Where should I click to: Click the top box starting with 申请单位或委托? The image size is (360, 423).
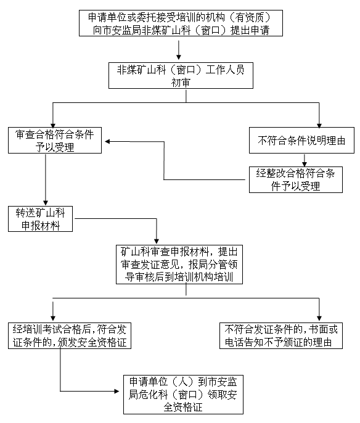point(181,23)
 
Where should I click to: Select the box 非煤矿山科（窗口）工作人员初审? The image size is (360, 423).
point(181,75)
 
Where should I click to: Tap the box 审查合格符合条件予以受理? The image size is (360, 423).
point(55,141)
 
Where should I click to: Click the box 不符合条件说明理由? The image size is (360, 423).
point(301,141)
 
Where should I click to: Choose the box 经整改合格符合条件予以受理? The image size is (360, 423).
point(295,179)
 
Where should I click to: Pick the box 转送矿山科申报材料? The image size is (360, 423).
point(40,219)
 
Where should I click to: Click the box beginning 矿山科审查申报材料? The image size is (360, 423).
point(179,265)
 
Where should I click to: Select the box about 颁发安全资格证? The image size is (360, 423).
point(70,335)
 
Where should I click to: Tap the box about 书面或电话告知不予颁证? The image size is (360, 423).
point(281,335)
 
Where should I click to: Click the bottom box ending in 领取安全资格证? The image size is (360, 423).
point(183,395)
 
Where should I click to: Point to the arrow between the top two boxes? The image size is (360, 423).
point(179,50)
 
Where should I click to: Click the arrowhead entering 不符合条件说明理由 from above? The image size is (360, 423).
point(319,126)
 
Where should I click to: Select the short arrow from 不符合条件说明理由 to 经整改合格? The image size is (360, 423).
point(305,160)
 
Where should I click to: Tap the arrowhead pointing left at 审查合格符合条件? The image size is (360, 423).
point(107,141)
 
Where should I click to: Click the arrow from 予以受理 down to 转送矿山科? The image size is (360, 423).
point(46,179)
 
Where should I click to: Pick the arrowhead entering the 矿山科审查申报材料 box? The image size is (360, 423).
point(157,242)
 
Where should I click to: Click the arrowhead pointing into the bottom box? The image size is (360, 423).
point(117,391)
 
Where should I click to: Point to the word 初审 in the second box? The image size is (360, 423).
point(181,82)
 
